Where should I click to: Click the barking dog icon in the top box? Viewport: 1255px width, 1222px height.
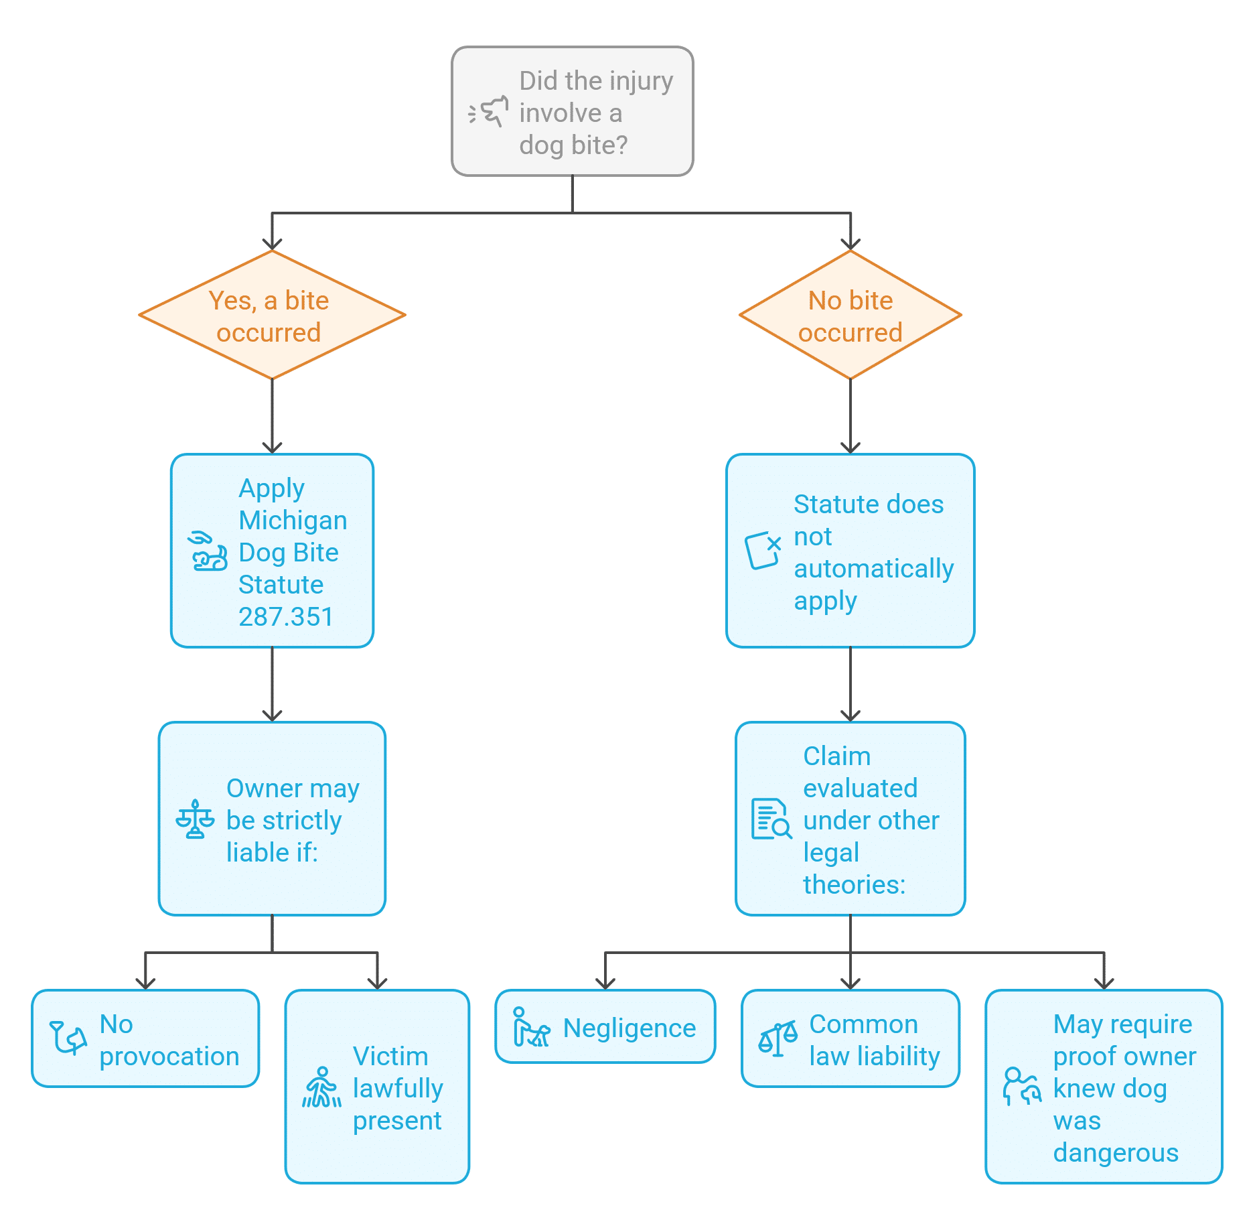coord(488,112)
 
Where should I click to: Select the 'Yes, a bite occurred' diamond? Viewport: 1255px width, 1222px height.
coord(272,316)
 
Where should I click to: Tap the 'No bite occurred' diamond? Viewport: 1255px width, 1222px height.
coord(850,316)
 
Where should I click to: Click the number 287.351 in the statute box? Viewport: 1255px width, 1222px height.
coord(285,617)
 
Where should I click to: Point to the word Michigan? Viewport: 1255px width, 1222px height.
coord(293,521)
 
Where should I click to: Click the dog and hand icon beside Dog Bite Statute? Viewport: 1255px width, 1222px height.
coord(208,551)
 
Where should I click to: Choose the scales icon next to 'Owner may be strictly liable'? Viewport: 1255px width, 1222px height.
coord(195,819)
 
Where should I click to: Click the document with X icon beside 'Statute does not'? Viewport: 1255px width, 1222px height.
coord(763,551)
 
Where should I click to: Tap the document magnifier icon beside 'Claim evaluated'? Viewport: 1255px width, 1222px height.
coord(771,819)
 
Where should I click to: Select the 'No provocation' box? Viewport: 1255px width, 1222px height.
coord(145,1038)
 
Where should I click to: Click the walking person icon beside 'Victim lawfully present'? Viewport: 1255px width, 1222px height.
coord(322,1087)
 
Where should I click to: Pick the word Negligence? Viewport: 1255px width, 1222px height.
coord(629,1028)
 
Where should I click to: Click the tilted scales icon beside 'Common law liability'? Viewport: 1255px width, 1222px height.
coord(778,1039)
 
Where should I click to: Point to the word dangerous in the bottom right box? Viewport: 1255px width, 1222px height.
coord(1115,1153)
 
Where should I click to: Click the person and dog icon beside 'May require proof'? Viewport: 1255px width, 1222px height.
coord(1021,1087)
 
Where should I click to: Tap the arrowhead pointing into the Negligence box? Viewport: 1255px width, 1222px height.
coord(605,983)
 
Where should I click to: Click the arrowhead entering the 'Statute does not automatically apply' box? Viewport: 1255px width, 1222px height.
coord(850,448)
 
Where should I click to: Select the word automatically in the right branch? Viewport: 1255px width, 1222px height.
coord(873,569)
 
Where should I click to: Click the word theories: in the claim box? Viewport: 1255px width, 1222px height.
coord(854,885)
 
